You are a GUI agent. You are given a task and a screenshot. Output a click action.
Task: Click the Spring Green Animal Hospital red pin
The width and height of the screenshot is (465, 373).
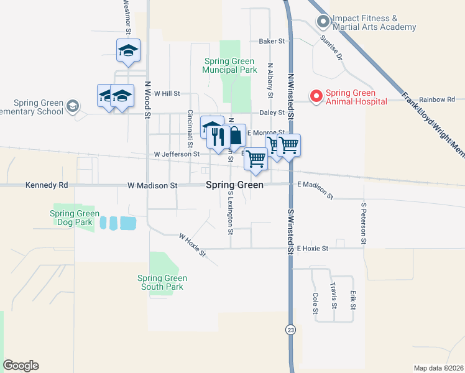(x=316, y=96)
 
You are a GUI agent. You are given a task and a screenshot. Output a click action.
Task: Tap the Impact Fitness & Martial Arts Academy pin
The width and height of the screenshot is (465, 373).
(x=323, y=22)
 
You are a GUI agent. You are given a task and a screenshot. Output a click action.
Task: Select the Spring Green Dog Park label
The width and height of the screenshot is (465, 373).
(x=71, y=218)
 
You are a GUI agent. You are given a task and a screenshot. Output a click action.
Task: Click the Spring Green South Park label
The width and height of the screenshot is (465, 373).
(x=162, y=282)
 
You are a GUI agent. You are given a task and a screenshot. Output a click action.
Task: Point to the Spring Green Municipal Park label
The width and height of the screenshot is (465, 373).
(x=229, y=65)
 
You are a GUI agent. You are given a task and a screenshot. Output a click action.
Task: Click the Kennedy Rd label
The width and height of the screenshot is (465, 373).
(x=47, y=185)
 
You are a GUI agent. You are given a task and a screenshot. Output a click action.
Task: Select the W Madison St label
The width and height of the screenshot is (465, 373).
(x=152, y=185)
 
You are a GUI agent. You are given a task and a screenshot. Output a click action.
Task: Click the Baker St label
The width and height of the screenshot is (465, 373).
(x=271, y=42)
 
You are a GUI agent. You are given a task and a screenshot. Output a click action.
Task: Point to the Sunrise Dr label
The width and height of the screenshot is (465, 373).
(x=331, y=47)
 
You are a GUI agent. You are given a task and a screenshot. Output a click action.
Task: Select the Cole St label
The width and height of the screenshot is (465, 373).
(x=316, y=302)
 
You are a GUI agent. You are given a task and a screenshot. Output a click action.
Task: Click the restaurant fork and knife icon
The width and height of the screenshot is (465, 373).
(x=217, y=136)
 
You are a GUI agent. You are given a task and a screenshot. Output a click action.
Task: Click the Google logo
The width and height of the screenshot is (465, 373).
(x=21, y=366)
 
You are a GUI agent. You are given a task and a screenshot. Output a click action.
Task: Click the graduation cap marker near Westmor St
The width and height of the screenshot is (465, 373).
(x=128, y=50)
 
